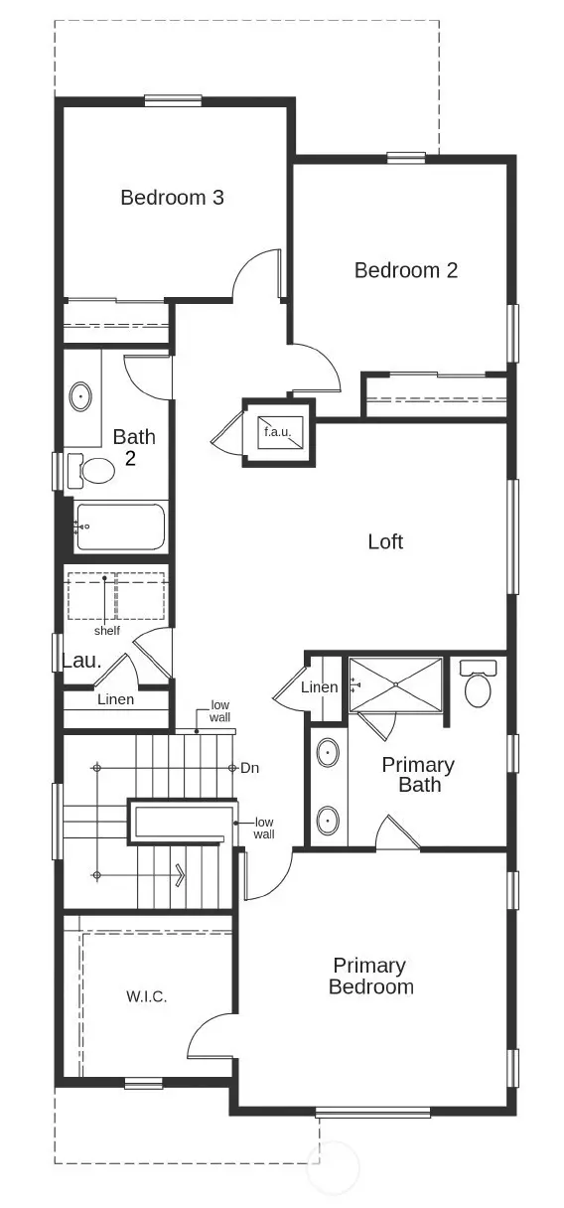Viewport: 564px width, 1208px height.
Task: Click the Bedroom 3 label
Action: tap(172, 198)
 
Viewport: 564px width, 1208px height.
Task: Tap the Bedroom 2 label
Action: tap(406, 270)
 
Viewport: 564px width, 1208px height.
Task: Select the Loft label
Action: tap(385, 541)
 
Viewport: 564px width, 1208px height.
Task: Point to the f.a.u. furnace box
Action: tap(278, 432)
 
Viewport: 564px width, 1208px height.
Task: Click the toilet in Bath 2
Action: tap(93, 469)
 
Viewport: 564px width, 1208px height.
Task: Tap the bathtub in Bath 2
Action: tap(119, 527)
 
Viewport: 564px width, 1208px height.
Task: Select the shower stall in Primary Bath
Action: tap(395, 683)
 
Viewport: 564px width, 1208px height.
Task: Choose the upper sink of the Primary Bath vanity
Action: tap(327, 754)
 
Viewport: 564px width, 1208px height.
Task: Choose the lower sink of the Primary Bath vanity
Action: tap(327, 822)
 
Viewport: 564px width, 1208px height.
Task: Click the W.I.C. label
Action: tap(146, 996)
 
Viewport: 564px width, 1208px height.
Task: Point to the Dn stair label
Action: tap(251, 768)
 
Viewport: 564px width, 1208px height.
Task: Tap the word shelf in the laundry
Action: tap(107, 631)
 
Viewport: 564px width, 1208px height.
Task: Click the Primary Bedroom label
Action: tap(370, 977)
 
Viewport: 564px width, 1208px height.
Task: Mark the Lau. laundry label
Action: tap(82, 661)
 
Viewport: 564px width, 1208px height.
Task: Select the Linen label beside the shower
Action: tap(319, 687)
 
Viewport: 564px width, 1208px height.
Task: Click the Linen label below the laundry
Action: tap(115, 699)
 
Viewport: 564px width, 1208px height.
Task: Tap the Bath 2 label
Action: tap(133, 447)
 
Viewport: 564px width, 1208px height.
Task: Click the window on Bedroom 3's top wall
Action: tap(173, 99)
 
